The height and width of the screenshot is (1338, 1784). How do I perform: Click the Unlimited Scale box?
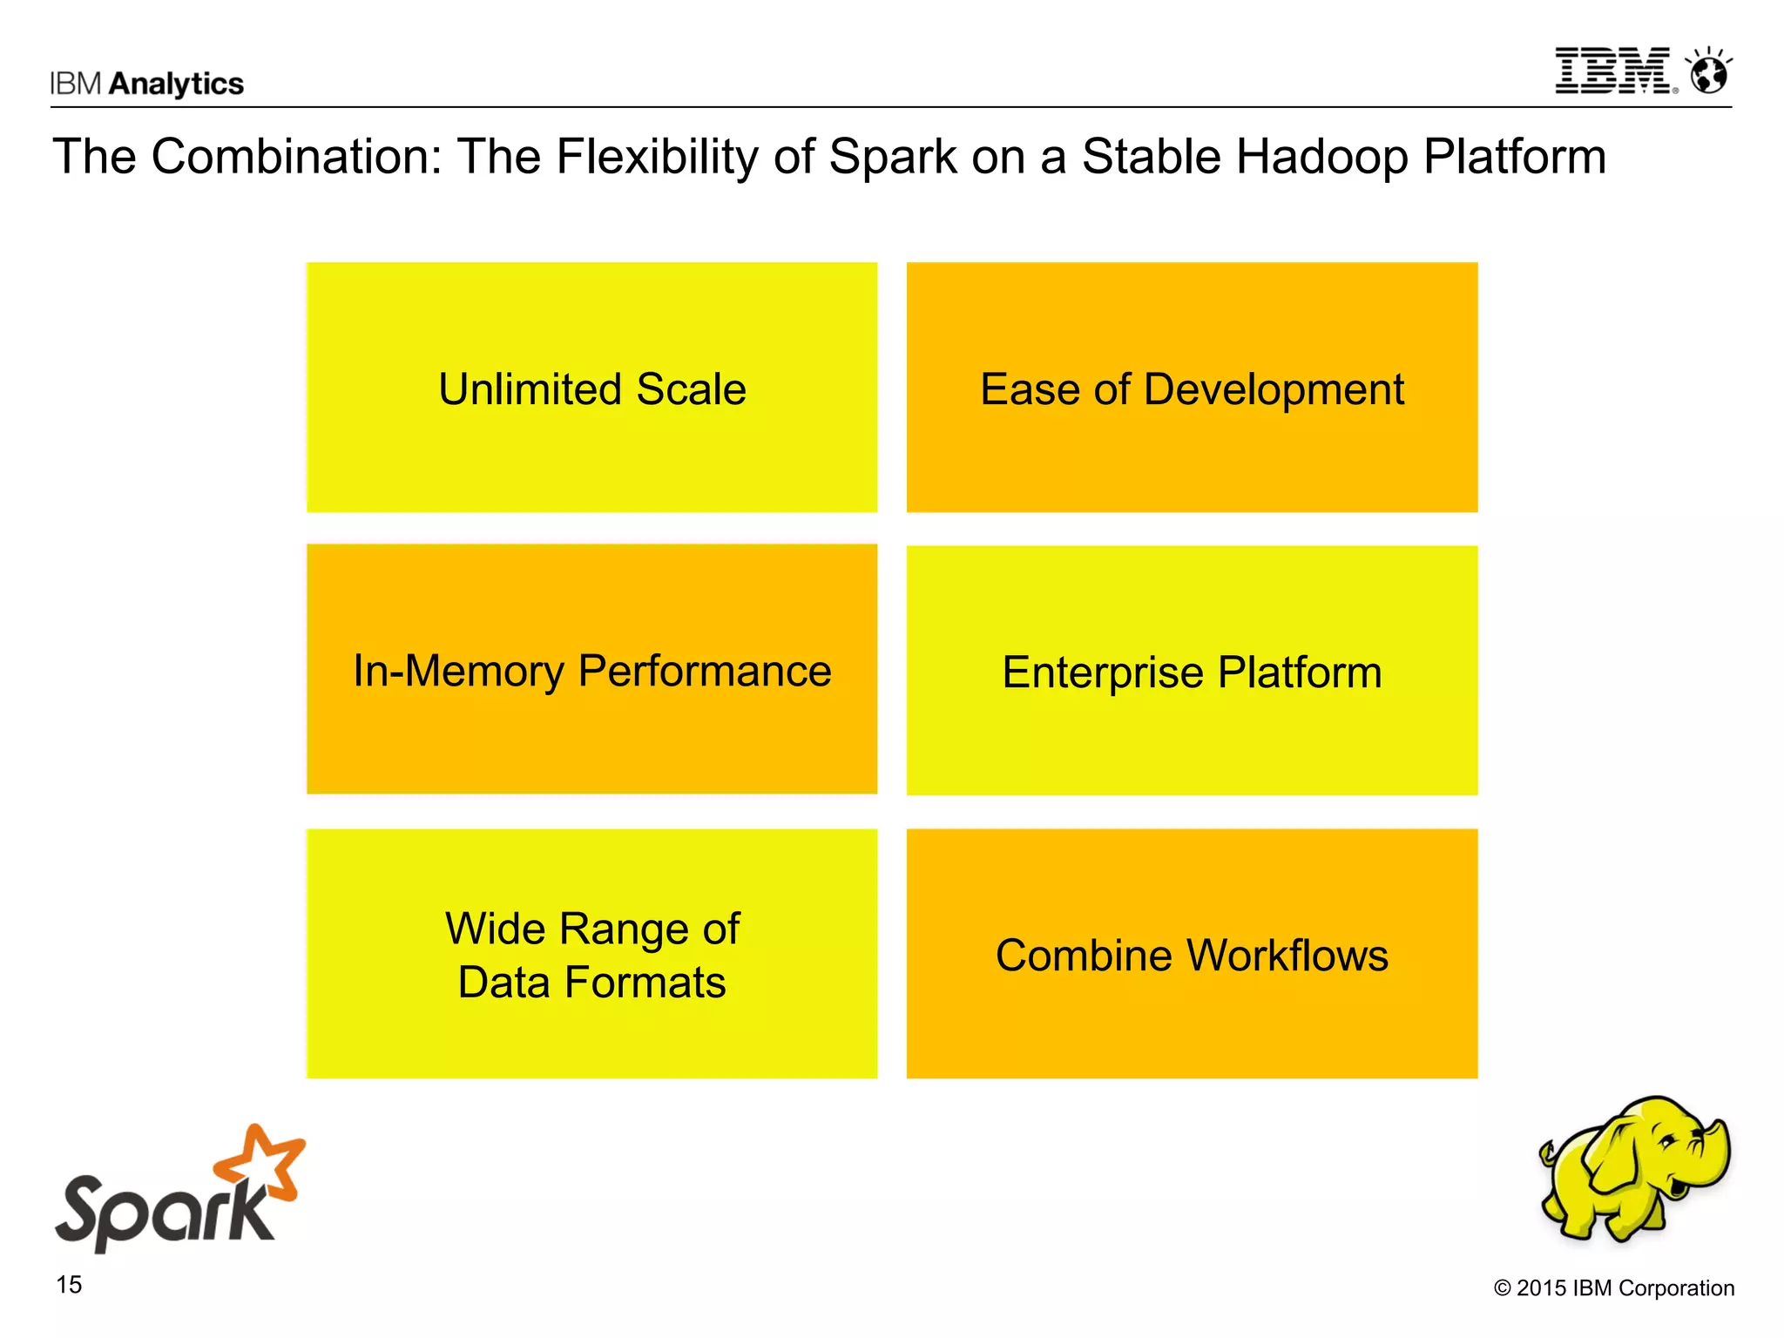(x=591, y=388)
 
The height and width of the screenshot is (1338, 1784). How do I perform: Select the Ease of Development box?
(x=1192, y=388)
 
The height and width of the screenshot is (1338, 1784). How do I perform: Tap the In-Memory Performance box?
(x=591, y=669)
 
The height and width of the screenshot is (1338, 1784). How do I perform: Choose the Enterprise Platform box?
(x=1192, y=671)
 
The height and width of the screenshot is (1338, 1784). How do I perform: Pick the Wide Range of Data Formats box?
(x=591, y=954)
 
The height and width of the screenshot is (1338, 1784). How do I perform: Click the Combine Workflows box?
(x=1192, y=954)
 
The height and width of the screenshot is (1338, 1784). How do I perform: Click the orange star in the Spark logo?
(x=261, y=1162)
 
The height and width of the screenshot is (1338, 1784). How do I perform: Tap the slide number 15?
(x=69, y=1285)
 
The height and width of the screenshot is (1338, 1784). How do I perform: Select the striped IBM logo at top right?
(x=1613, y=71)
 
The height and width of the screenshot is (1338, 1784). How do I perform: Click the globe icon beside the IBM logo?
(x=1708, y=72)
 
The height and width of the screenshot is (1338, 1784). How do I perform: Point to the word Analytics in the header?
(x=177, y=84)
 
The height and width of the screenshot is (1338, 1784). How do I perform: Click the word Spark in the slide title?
(x=892, y=157)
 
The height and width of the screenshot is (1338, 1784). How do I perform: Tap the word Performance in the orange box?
(x=704, y=671)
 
